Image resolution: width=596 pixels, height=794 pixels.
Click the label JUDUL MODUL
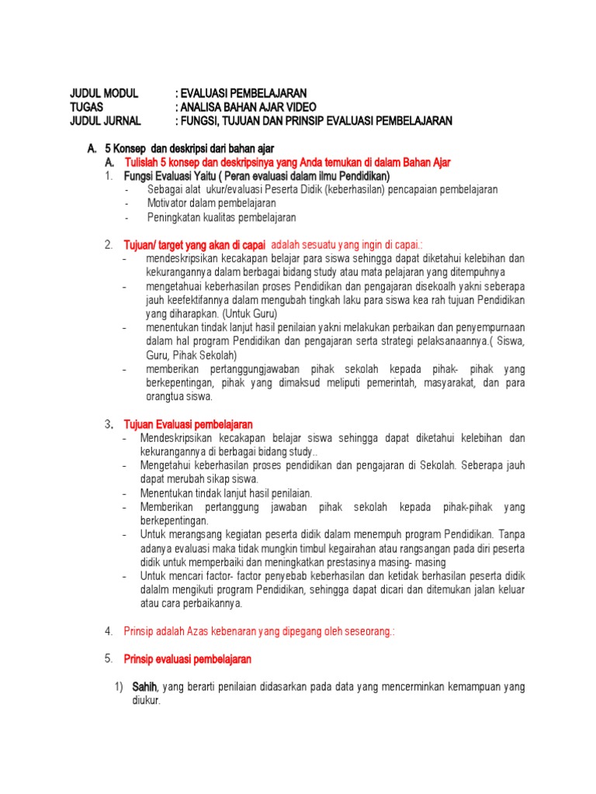[x=104, y=93]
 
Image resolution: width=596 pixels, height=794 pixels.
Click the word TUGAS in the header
[x=87, y=107]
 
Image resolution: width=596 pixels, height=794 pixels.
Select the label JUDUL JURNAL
[x=106, y=121]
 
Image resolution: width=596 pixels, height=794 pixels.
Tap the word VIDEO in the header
[x=298, y=107]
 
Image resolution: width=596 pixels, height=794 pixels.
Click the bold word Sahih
[x=144, y=687]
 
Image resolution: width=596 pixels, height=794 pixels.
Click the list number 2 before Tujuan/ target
[x=109, y=245]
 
